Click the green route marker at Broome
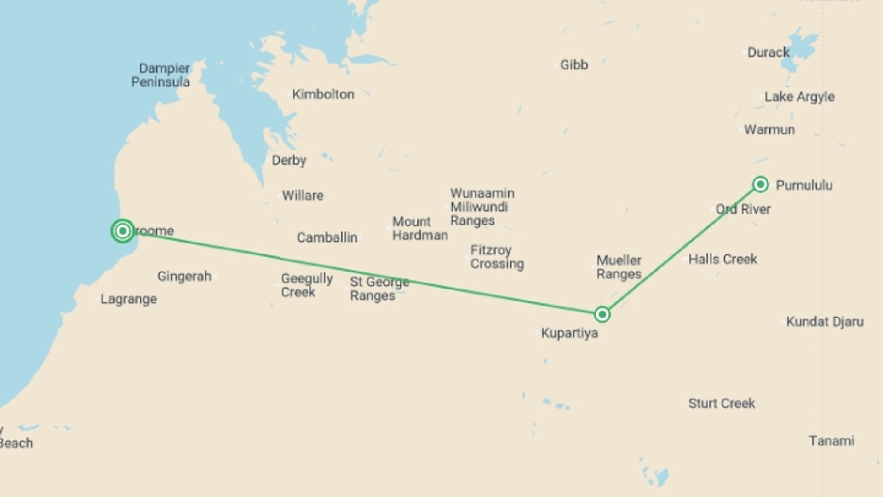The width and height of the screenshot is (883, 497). click(x=123, y=231)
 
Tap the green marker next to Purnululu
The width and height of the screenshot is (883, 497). click(x=761, y=185)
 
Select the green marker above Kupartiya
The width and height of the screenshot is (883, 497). click(x=602, y=314)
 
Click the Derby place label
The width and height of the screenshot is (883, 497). click(x=289, y=161)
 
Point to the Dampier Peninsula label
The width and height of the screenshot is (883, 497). click(x=161, y=75)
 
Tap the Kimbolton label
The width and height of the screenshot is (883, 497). click(x=323, y=95)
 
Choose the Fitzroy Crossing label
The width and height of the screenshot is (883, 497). click(x=497, y=257)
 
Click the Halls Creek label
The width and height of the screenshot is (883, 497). click(x=722, y=259)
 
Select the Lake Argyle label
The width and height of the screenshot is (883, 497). click(x=799, y=97)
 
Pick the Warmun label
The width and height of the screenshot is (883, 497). click(x=769, y=130)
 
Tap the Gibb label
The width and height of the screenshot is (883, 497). click(x=574, y=65)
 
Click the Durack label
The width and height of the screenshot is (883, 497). click(x=768, y=52)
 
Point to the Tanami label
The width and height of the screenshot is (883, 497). click(x=831, y=441)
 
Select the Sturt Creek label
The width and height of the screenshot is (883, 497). click(x=722, y=404)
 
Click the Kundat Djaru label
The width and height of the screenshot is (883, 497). click(x=825, y=322)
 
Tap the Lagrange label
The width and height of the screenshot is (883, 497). click(x=129, y=299)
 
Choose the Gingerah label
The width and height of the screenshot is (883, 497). click(x=184, y=276)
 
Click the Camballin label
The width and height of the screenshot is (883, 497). click(x=327, y=237)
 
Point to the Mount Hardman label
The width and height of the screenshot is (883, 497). click(x=419, y=229)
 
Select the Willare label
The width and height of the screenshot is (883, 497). click(x=303, y=196)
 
